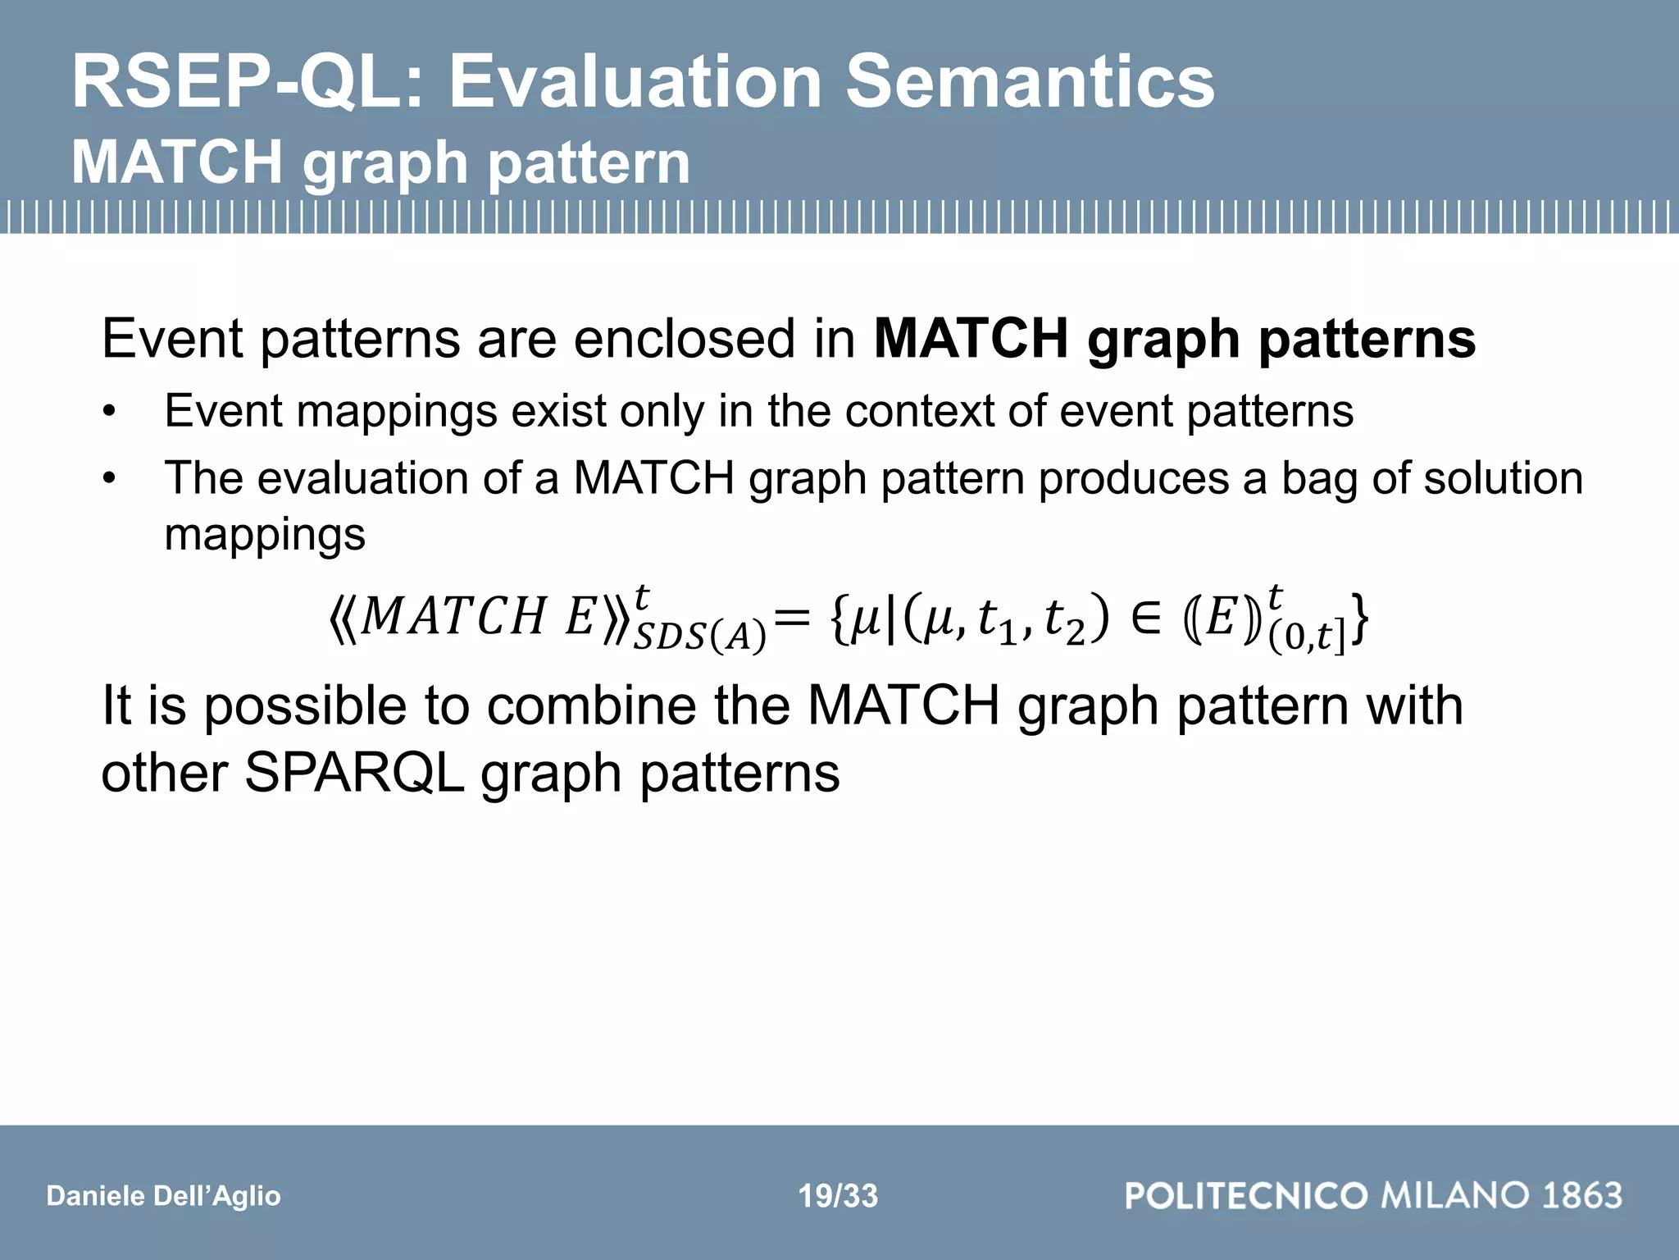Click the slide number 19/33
(838, 1196)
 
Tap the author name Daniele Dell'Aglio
(163, 1196)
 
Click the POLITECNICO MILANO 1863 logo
(1373, 1195)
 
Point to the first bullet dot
(110, 413)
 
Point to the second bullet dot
(110, 480)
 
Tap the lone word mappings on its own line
(265, 535)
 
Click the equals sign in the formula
(792, 617)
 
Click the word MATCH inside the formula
(453, 617)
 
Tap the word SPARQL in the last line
(354, 773)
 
